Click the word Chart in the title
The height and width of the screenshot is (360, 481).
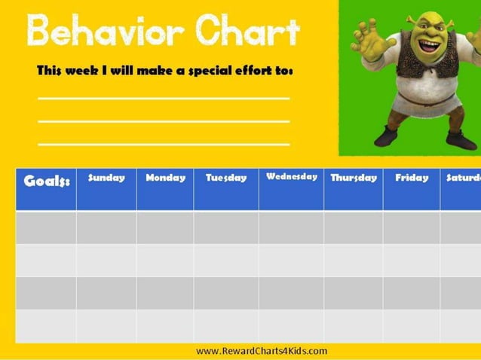(246, 32)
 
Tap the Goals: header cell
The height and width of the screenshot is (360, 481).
(47, 182)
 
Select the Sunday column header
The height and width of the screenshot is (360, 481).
(106, 178)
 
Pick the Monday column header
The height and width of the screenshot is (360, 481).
(165, 178)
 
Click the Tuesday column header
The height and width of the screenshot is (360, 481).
(226, 178)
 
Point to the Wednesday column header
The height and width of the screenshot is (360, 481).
(291, 177)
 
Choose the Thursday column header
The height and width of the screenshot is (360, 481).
(354, 178)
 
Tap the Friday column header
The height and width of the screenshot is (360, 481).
(412, 178)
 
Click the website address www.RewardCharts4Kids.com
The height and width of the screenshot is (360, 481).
(262, 351)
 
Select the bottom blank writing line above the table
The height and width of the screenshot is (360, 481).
(164, 144)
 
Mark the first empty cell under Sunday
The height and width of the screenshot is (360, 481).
(106, 227)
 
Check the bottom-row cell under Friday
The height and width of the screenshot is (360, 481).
(412, 326)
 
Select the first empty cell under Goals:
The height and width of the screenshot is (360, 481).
(46, 227)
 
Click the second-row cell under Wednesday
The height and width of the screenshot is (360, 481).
(291, 260)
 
